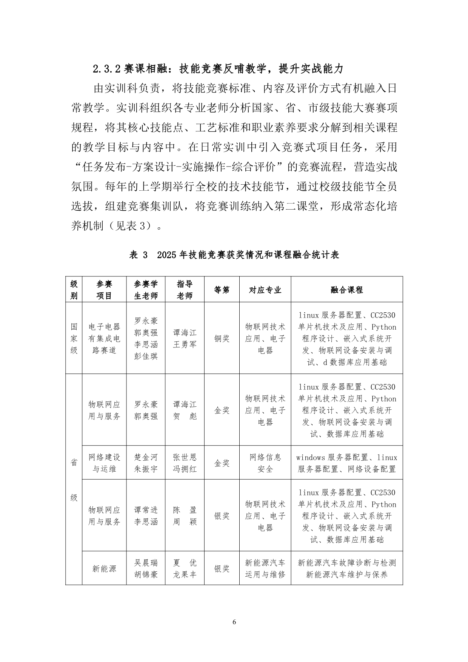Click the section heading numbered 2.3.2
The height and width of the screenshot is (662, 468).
pyautogui.click(x=218, y=69)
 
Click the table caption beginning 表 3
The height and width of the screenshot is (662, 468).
pyautogui.click(x=234, y=255)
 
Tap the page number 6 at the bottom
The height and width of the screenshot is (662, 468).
pyautogui.click(x=234, y=622)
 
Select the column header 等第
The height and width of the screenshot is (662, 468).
pyautogui.click(x=222, y=290)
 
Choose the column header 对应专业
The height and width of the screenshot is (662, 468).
pyautogui.click(x=265, y=290)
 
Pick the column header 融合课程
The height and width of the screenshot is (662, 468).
pyautogui.click(x=346, y=290)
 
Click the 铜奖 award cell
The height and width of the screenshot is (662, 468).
pyautogui.click(x=222, y=338)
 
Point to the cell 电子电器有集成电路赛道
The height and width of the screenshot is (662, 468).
pyautogui.click(x=104, y=338)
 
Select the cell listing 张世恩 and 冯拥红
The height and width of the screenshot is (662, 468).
pyautogui.click(x=185, y=463)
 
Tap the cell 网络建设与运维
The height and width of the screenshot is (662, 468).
pyautogui.click(x=104, y=463)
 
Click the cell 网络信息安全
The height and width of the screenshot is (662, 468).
pyautogui.click(x=265, y=463)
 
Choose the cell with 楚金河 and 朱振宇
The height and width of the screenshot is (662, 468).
pyautogui.click(x=146, y=463)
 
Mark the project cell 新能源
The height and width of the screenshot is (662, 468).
pyautogui.click(x=104, y=568)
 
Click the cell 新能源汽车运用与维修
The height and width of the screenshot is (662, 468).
pyautogui.click(x=265, y=568)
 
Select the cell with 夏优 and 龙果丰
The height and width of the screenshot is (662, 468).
pyautogui.click(x=185, y=568)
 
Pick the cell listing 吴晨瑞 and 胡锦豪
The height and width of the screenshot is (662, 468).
pyautogui.click(x=146, y=568)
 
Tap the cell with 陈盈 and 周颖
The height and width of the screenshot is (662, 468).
pyautogui.click(x=185, y=516)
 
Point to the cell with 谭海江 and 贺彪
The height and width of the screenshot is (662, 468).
pyautogui.click(x=185, y=410)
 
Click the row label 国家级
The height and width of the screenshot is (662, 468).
pyautogui.click(x=74, y=338)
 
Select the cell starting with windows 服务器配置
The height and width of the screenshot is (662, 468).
pyautogui.click(x=346, y=463)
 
